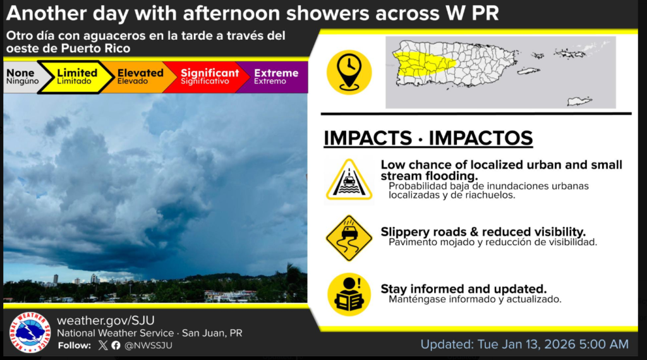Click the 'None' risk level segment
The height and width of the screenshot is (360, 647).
(x=23, y=76)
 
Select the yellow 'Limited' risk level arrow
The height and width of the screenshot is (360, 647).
(x=76, y=76)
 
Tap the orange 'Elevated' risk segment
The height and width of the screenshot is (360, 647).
(x=138, y=76)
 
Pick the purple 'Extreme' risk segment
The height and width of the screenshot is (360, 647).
(x=274, y=76)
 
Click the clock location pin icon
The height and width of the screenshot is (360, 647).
(x=349, y=72)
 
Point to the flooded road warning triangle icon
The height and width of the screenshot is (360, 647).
(x=349, y=180)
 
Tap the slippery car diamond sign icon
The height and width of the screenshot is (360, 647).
(x=349, y=238)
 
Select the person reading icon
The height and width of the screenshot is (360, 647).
(x=349, y=294)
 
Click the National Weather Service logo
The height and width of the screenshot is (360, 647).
(x=30, y=332)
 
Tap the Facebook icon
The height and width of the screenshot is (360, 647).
(x=116, y=345)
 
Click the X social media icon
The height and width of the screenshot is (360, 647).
(x=103, y=345)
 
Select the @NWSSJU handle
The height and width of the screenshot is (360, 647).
(x=148, y=345)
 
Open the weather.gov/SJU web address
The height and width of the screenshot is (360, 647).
(x=106, y=320)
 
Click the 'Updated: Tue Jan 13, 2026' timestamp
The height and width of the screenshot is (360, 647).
(x=524, y=344)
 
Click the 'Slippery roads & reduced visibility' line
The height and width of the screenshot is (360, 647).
(x=483, y=232)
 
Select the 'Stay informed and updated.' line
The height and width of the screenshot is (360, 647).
(x=463, y=289)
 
